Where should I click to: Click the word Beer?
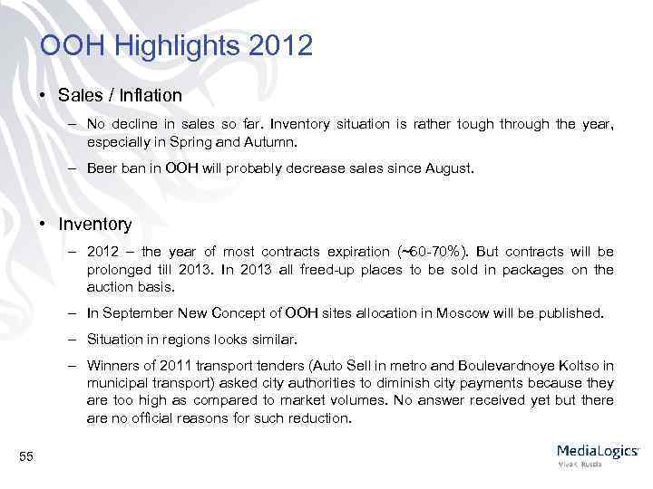102,168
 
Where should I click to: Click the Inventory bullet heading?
94,224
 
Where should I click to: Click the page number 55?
26,457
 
